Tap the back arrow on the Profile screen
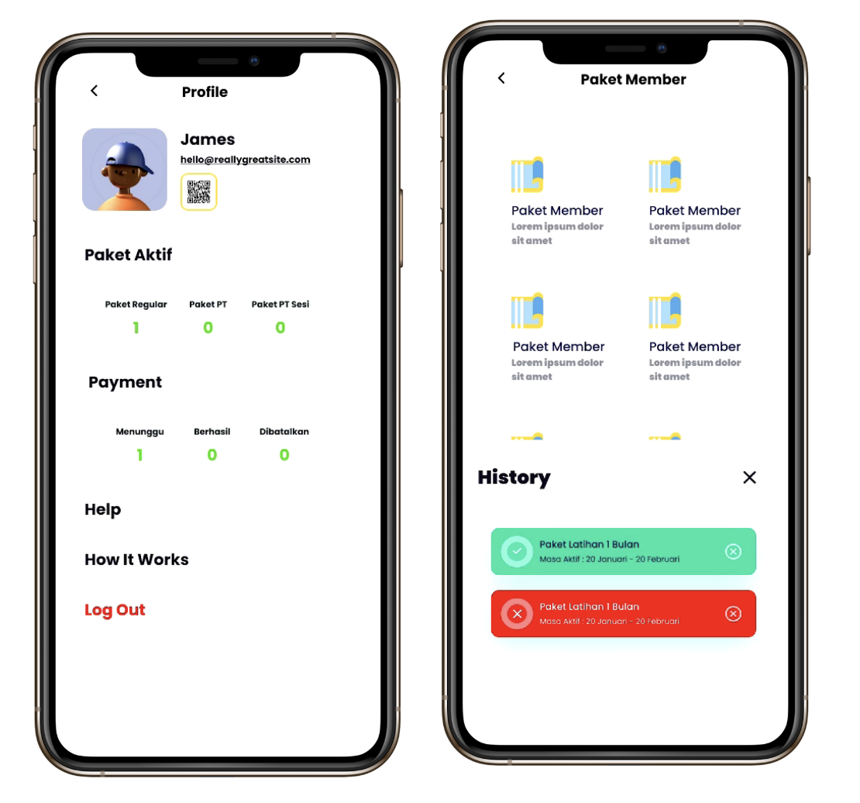(95, 91)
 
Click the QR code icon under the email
(198, 192)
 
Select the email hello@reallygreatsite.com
(245, 159)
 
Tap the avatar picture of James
(125, 170)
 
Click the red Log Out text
(115, 610)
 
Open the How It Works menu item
(136, 560)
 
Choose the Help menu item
(102, 509)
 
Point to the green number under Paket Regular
(136, 328)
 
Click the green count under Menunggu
(140, 455)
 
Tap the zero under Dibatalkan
(284, 455)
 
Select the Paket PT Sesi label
(280, 304)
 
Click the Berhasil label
(212, 432)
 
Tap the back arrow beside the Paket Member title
(501, 78)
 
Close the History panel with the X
(749, 477)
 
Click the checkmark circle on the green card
(517, 551)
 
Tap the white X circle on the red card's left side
(517, 614)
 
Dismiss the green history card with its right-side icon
(733, 552)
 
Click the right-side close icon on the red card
(733, 614)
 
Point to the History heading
(514, 477)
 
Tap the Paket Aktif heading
(129, 255)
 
